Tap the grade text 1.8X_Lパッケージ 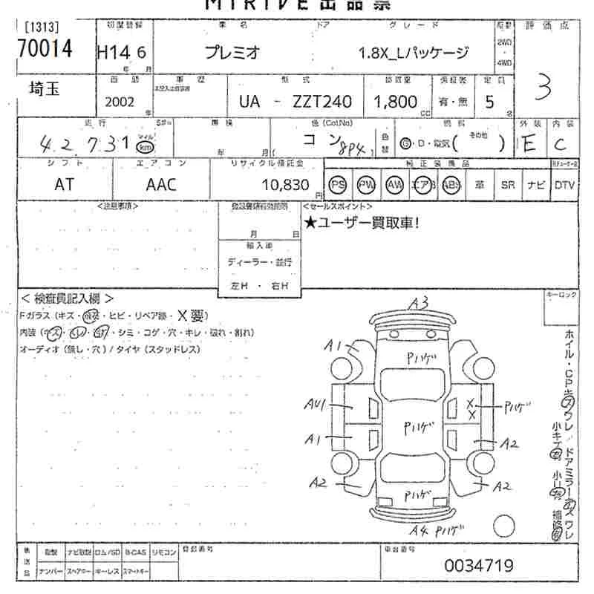pos(414,53)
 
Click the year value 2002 pos(120,102)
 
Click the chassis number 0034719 pos(479,566)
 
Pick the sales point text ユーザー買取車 pos(362,221)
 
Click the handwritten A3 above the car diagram pos(418,303)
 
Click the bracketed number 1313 pos(42,27)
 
